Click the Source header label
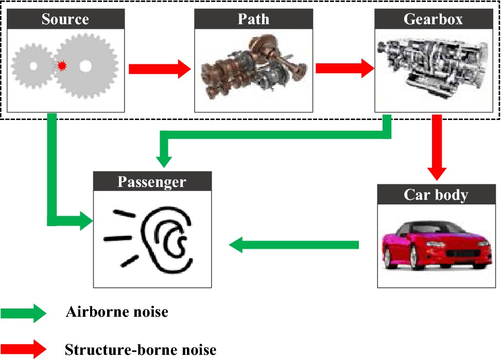pos(65,20)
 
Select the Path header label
pos(253,20)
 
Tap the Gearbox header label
pos(434,20)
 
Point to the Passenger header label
pos(152,182)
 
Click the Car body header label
pos(436,195)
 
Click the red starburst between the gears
pos(62,66)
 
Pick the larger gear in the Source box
pos(85,66)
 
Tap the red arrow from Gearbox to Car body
pos(437,147)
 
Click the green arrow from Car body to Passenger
pos(293,245)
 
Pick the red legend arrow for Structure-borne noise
pos(24,349)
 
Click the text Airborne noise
pos(117,312)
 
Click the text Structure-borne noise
pos(141,350)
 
